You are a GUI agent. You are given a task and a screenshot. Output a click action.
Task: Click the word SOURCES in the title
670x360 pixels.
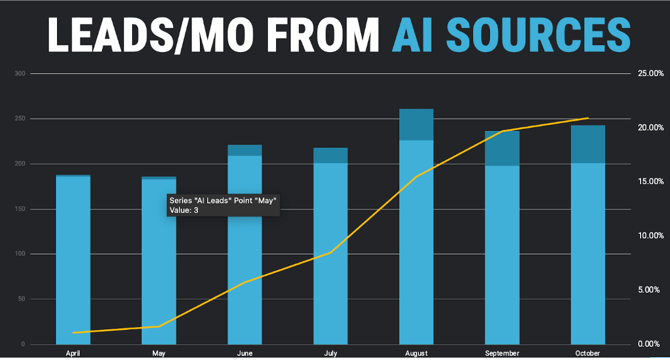click(x=539, y=34)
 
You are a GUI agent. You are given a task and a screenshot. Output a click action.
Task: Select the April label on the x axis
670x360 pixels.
click(x=73, y=353)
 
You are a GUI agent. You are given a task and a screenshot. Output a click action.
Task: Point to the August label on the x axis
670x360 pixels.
click(x=416, y=353)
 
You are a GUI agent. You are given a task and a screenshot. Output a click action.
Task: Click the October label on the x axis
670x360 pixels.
click(x=587, y=353)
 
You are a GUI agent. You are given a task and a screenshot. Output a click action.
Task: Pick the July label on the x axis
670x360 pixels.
click(x=330, y=353)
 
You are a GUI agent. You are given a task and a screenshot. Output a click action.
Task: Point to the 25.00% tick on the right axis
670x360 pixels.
click(x=650, y=74)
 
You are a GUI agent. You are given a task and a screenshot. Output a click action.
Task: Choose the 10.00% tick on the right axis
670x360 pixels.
click(x=650, y=236)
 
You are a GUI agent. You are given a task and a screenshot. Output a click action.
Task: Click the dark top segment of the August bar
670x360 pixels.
click(x=416, y=124)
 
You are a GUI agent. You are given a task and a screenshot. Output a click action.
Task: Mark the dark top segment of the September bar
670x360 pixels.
click(x=502, y=148)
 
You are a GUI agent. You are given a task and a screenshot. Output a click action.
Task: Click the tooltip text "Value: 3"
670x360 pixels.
click(x=184, y=210)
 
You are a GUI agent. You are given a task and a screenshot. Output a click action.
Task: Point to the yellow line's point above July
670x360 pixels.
click(x=330, y=253)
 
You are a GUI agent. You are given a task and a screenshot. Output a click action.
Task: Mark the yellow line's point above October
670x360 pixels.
click(x=588, y=118)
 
